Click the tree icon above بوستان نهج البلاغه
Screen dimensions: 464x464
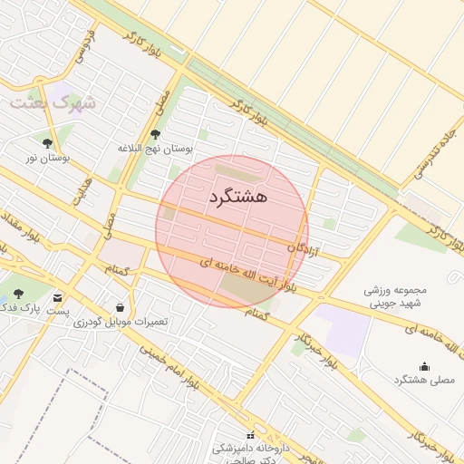(x=156, y=134)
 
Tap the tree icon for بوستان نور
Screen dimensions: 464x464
(x=47, y=143)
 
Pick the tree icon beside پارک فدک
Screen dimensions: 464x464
(x=18, y=294)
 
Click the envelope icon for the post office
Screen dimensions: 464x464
(x=59, y=297)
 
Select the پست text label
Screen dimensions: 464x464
(x=59, y=311)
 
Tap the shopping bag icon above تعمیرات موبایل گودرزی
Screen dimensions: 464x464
(x=121, y=307)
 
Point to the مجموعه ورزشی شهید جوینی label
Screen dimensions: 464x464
(x=393, y=298)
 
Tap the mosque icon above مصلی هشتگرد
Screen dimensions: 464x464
(x=424, y=365)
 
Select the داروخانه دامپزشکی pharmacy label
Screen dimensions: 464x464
(x=250, y=449)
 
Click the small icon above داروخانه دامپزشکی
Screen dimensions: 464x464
(x=251, y=436)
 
